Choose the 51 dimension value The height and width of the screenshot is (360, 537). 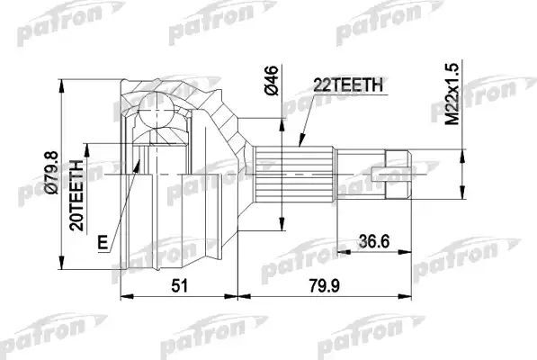[180, 285]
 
